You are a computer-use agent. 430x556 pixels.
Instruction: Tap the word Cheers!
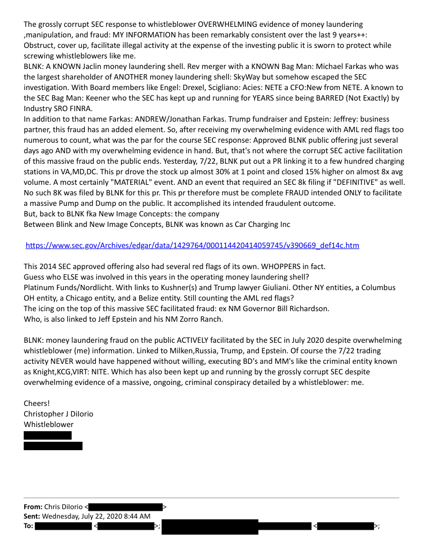click(x=36, y=403)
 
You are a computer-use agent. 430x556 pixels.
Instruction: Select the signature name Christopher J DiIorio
click(x=58, y=414)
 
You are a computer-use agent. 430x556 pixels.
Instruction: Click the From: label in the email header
click(x=33, y=507)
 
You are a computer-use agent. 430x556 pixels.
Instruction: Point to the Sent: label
click(x=32, y=516)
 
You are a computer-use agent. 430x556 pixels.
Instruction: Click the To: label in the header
click(x=28, y=525)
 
